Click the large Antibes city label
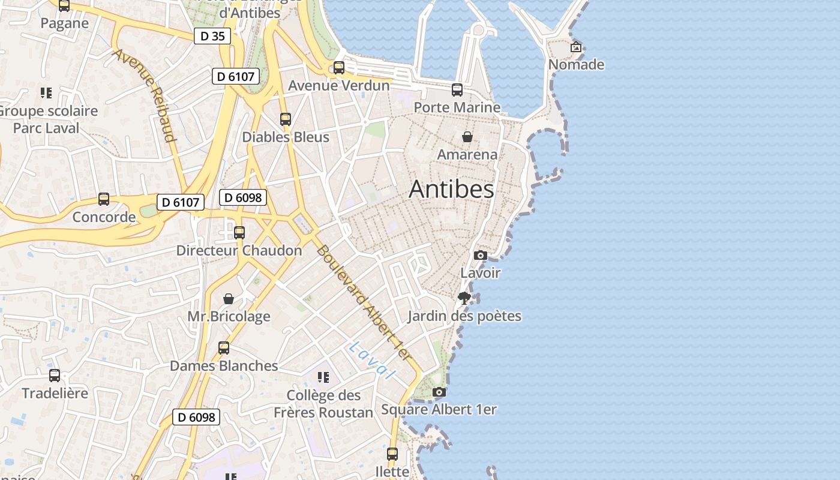point(451,189)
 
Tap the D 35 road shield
point(212,36)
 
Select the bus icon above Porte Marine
point(457,90)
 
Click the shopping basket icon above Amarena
point(467,137)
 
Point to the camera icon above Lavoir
point(480,255)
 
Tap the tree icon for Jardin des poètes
point(464,298)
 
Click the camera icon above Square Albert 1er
point(439,392)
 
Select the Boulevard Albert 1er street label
point(364,304)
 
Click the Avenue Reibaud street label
point(145,95)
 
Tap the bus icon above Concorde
point(104,199)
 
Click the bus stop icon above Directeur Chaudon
point(239,232)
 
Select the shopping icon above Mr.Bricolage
point(229,298)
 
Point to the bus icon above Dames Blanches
point(224,347)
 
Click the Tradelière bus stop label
point(55,393)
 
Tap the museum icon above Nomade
point(576,47)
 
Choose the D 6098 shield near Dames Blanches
point(196,417)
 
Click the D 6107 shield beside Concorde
point(181,202)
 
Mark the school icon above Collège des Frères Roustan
point(323,377)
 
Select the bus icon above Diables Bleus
point(286,119)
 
